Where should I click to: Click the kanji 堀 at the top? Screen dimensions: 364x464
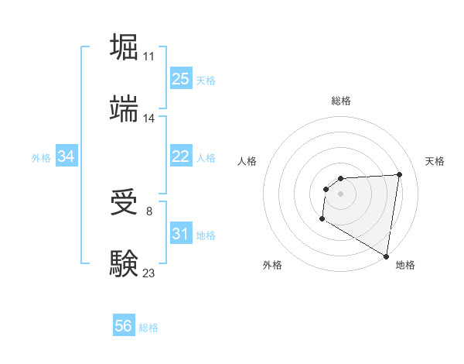125,47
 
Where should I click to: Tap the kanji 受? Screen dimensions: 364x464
125,203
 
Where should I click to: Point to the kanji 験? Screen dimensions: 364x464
125,263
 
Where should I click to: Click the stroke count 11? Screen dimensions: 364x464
148,57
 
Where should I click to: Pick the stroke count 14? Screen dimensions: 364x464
148,118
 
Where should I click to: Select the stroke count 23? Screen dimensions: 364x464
148,273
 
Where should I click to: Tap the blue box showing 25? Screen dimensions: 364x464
180,79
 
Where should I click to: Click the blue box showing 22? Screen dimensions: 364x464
180,156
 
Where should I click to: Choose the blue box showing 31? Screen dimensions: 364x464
180,234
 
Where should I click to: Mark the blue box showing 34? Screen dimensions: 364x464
67,156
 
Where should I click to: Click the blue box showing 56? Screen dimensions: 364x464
124,326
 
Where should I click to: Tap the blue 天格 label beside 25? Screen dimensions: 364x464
206,80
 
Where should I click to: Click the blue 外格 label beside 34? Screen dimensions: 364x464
41,157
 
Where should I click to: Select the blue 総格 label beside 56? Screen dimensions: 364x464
148,327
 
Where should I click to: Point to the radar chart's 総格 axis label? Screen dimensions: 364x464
341,101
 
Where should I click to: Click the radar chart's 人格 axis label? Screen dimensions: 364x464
248,161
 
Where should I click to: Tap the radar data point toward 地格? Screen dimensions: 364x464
386,256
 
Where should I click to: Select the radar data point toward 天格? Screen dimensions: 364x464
399,174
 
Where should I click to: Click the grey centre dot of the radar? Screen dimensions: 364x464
341,194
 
